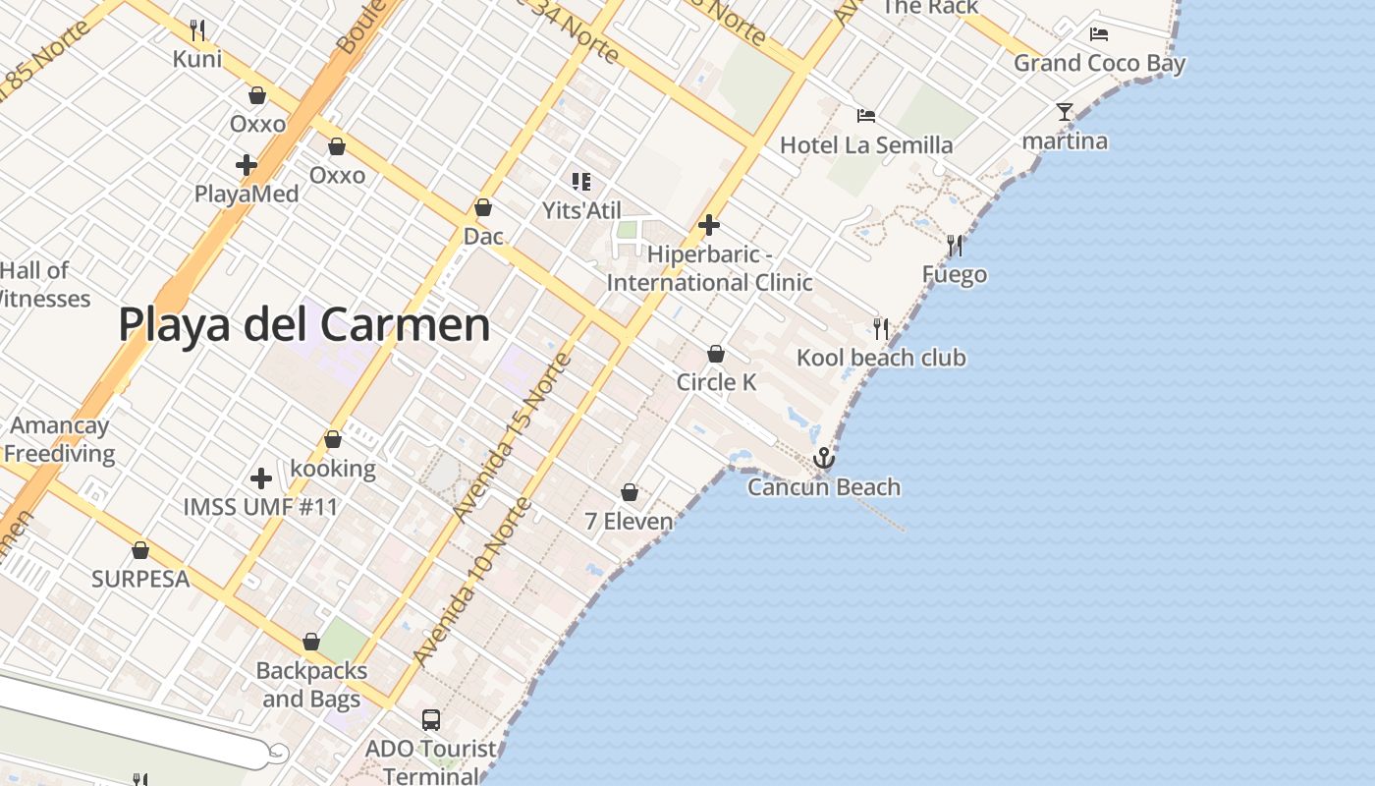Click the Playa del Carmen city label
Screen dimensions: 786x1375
click(304, 325)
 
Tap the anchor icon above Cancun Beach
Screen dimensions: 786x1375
click(823, 458)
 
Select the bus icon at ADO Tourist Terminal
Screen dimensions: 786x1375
click(431, 719)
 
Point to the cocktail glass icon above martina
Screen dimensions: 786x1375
click(1065, 111)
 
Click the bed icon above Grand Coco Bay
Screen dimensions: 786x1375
click(1099, 34)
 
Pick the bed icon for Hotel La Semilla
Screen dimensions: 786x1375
click(866, 116)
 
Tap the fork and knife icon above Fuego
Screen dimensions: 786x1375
click(955, 245)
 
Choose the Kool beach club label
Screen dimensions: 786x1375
click(881, 358)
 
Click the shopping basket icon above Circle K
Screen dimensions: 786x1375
click(716, 354)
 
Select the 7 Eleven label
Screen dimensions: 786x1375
click(630, 521)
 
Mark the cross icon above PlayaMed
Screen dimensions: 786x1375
click(247, 165)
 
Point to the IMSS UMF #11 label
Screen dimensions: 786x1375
click(261, 507)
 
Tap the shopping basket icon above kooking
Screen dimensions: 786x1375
click(333, 439)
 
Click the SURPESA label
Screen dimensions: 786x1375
click(140, 579)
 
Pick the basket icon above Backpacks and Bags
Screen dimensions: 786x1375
click(311, 642)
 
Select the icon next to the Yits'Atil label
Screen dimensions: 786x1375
click(580, 181)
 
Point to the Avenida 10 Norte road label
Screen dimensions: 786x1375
click(472, 582)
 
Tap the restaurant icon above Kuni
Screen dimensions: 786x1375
click(197, 29)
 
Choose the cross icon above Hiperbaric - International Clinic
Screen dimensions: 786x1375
click(708, 225)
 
